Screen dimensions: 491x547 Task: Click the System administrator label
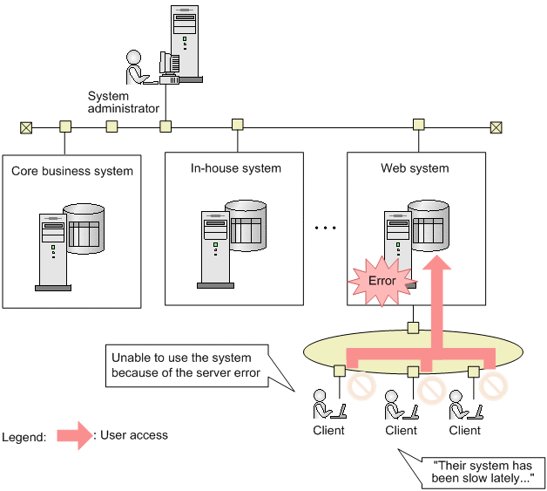coord(123,102)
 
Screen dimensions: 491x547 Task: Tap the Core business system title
coord(72,171)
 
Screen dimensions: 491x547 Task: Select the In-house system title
coord(236,167)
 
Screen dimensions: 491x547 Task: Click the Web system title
coord(415,167)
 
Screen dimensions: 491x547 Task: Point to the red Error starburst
coord(381,281)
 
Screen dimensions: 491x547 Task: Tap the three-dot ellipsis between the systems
coord(325,228)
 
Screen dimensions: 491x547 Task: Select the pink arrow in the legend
coord(75,434)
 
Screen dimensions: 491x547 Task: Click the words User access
coord(133,433)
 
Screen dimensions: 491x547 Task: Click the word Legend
coord(24,437)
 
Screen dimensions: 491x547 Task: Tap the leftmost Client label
coord(328,430)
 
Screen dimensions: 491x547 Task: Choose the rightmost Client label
coord(464,430)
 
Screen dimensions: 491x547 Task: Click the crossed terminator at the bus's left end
coord(26,127)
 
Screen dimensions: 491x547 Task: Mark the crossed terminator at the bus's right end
coord(496,127)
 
